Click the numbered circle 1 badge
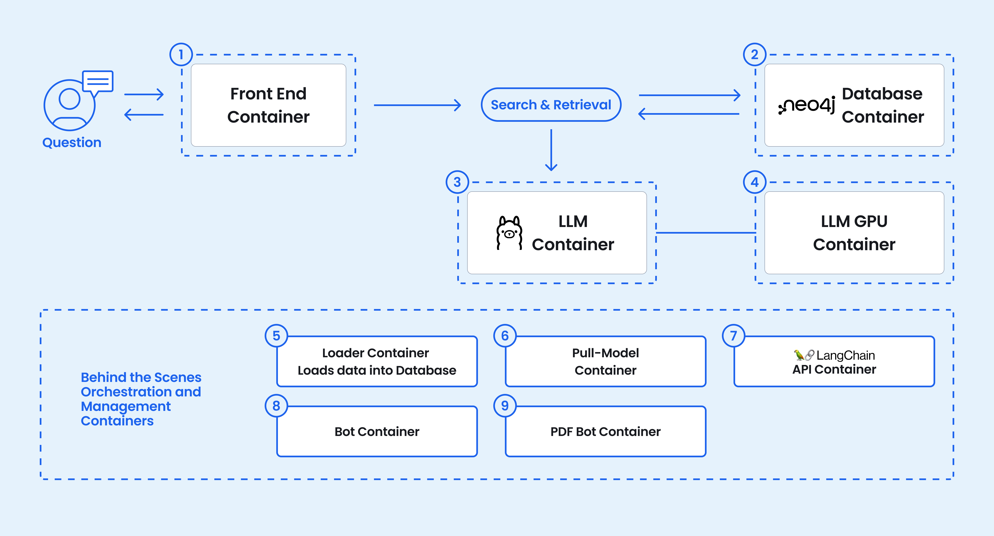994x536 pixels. (x=181, y=54)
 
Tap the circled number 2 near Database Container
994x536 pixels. (x=754, y=54)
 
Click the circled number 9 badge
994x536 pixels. (x=505, y=406)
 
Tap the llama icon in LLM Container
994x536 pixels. (x=509, y=233)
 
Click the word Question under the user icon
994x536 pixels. (x=72, y=142)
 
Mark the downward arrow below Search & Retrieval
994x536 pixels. (x=551, y=151)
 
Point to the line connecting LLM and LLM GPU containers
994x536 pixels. (x=705, y=233)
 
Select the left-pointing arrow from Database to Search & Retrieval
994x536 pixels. (x=689, y=114)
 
